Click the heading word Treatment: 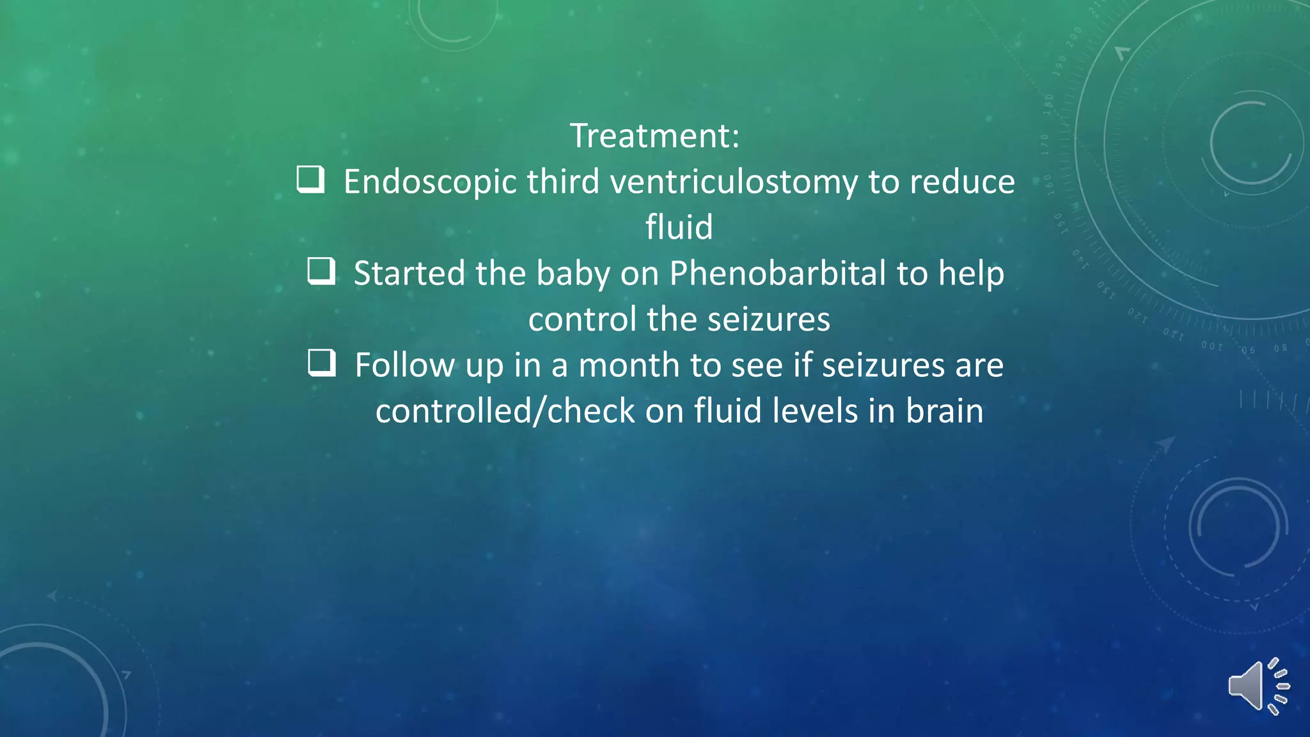tap(654, 136)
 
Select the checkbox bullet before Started tap(321, 271)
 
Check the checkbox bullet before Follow tap(321, 363)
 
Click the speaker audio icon tap(1258, 686)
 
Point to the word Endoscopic tap(430, 183)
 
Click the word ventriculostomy tap(733, 183)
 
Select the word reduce tap(962, 183)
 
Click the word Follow tap(405, 365)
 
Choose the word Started tap(409, 274)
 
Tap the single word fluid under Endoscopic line tap(679, 228)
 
